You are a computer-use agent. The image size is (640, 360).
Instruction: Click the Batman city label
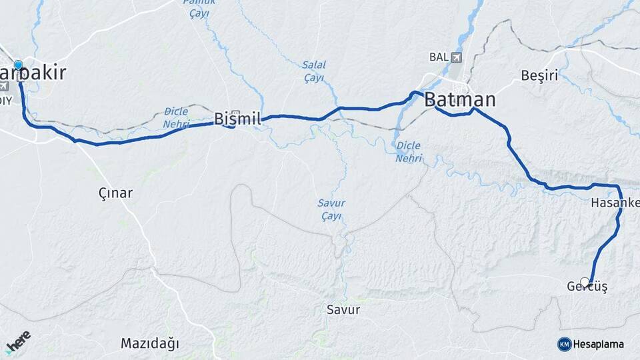click(460, 100)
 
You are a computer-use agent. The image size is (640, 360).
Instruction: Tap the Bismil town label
click(237, 119)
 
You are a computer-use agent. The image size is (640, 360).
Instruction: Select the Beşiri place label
click(539, 75)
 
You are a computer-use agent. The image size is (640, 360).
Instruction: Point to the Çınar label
click(115, 193)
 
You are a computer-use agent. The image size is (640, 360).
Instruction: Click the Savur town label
click(343, 309)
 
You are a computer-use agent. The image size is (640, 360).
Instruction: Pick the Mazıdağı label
click(150, 343)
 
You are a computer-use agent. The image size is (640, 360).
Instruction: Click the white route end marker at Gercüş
click(585, 282)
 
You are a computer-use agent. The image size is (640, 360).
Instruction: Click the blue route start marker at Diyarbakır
click(19, 65)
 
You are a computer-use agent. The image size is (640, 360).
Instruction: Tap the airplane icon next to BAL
click(456, 57)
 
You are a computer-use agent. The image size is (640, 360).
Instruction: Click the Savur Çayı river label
click(331, 209)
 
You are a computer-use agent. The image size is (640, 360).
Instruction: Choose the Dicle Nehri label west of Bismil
click(176, 117)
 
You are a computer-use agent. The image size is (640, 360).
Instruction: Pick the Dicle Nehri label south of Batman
click(409, 151)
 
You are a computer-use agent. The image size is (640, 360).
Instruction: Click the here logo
click(18, 341)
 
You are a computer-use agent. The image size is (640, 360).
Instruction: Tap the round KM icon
click(564, 344)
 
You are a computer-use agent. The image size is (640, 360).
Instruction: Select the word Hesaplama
click(598, 344)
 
